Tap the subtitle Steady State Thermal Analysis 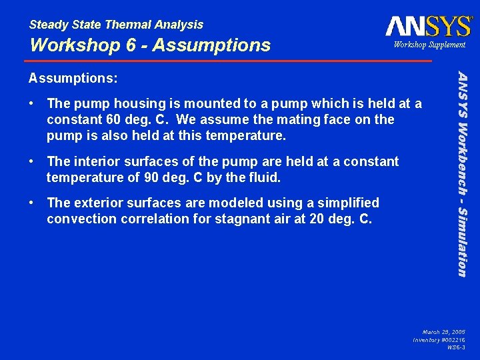pyautogui.click(x=116, y=25)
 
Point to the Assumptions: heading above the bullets pyautogui.click(x=73, y=78)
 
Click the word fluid pyautogui.click(x=264, y=178)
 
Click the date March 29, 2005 pyautogui.click(x=444, y=331)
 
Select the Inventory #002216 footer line pyautogui.click(x=439, y=339)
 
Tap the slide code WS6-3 pyautogui.click(x=456, y=347)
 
